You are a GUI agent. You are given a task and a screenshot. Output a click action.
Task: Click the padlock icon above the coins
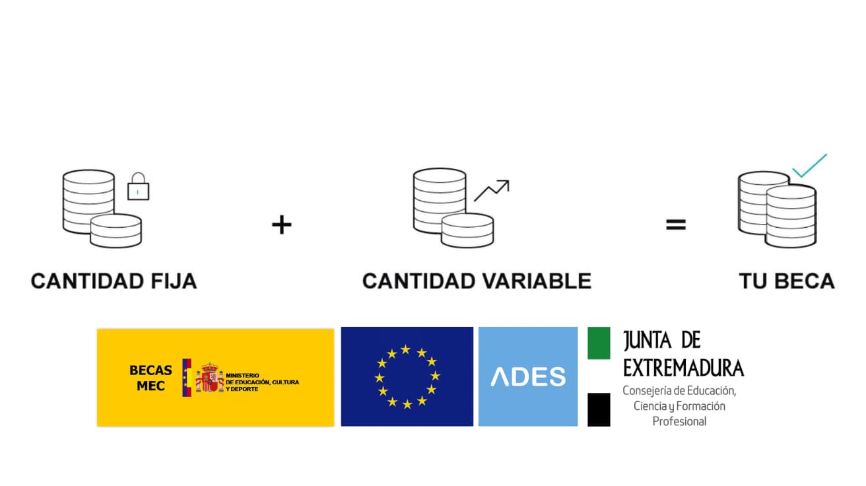tap(138, 187)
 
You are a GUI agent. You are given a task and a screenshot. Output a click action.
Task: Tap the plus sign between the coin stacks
tap(281, 225)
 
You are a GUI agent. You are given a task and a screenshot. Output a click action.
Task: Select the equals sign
tap(675, 225)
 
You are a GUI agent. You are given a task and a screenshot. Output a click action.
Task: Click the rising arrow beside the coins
tap(492, 190)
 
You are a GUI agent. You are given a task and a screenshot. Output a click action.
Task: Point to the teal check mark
tap(809, 166)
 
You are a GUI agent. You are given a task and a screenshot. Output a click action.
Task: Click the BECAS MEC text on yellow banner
tap(150, 378)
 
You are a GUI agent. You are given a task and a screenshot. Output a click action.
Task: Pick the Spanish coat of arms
tap(209, 378)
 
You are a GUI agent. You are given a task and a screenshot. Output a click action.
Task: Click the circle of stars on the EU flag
tap(407, 376)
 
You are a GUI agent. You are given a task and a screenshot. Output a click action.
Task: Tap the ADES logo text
tap(528, 376)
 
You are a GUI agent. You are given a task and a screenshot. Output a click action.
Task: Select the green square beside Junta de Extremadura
tap(599, 343)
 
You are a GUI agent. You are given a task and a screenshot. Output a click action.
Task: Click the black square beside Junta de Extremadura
tap(599, 409)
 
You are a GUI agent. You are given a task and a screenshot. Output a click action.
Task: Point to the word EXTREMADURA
tap(683, 368)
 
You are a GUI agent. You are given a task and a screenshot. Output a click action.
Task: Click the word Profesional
tap(679, 421)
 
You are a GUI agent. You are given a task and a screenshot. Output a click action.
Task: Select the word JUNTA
tap(648, 341)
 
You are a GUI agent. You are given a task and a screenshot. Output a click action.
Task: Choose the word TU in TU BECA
tap(752, 281)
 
